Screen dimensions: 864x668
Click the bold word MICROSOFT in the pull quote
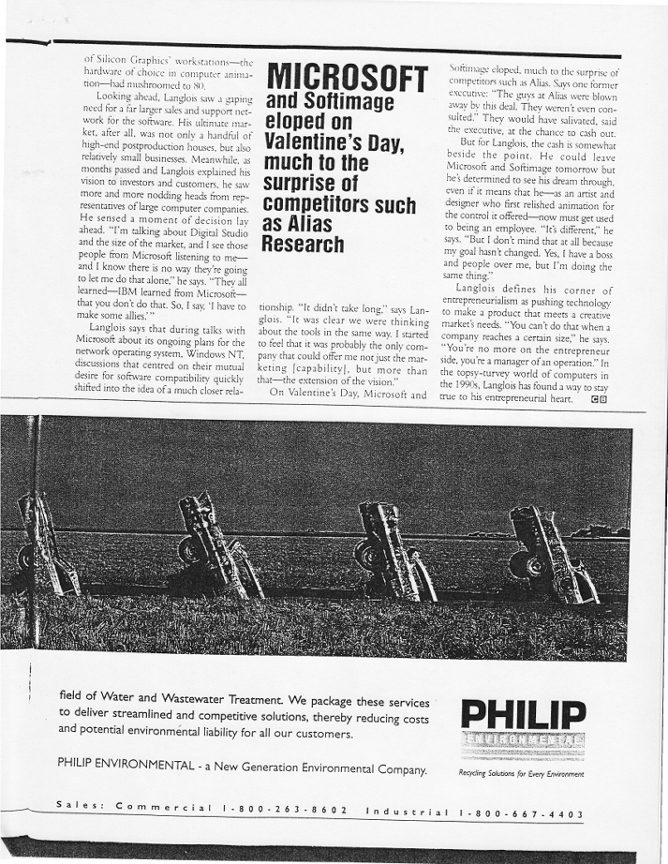[x=347, y=81]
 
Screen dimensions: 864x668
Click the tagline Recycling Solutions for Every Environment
[x=522, y=774]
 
